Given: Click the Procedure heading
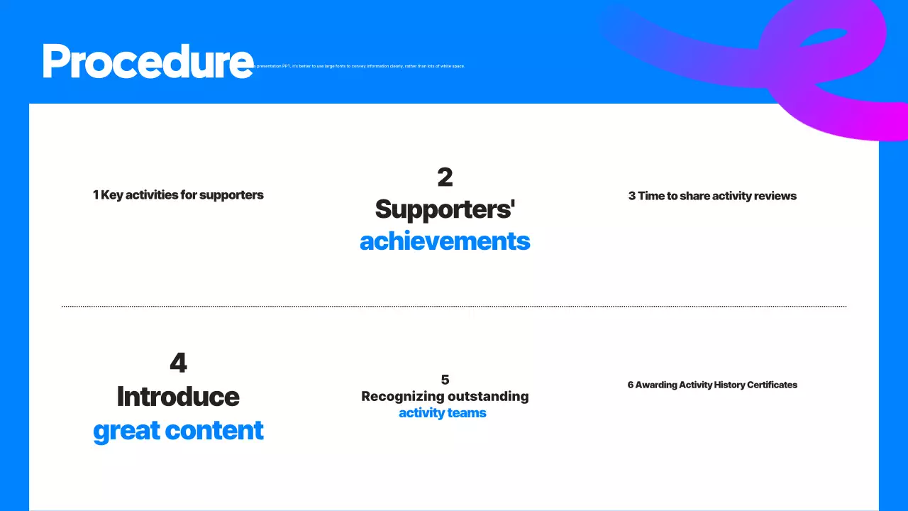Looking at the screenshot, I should pyautogui.click(x=148, y=61).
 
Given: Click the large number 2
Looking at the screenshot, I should pyautogui.click(x=445, y=177).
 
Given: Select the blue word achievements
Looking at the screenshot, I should pyautogui.click(x=445, y=241).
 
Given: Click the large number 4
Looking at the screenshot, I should pyautogui.click(x=178, y=363).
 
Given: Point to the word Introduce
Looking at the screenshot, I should pyautogui.click(x=178, y=397).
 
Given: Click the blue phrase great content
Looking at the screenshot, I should pyautogui.click(x=178, y=431).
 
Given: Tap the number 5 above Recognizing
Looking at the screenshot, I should pyautogui.click(x=445, y=380).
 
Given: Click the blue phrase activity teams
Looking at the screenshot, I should pyautogui.click(x=443, y=413).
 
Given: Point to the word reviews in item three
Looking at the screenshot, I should pyautogui.click(x=775, y=196).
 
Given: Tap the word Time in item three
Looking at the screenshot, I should pyautogui.click(x=650, y=196).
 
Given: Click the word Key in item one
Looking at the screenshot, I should pyautogui.click(x=112, y=195).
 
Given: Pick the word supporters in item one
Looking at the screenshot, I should pyautogui.click(x=231, y=195).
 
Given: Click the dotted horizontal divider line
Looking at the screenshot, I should pyautogui.click(x=454, y=307).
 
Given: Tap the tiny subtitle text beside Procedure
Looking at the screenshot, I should pyautogui.click(x=362, y=66).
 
